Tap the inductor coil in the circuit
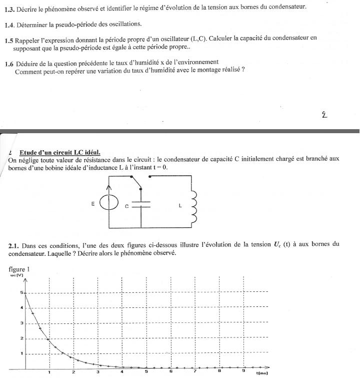click(x=194, y=206)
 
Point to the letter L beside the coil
click(x=180, y=205)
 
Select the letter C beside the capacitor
click(x=127, y=206)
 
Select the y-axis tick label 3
click(x=21, y=323)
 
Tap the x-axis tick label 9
click(x=243, y=372)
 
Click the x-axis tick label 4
click(x=122, y=372)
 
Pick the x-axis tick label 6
click(x=170, y=372)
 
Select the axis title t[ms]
click(x=262, y=373)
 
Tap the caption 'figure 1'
click(x=19, y=269)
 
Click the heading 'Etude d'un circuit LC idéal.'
click(x=60, y=152)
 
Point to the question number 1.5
click(x=8, y=38)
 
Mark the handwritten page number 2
click(x=324, y=114)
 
